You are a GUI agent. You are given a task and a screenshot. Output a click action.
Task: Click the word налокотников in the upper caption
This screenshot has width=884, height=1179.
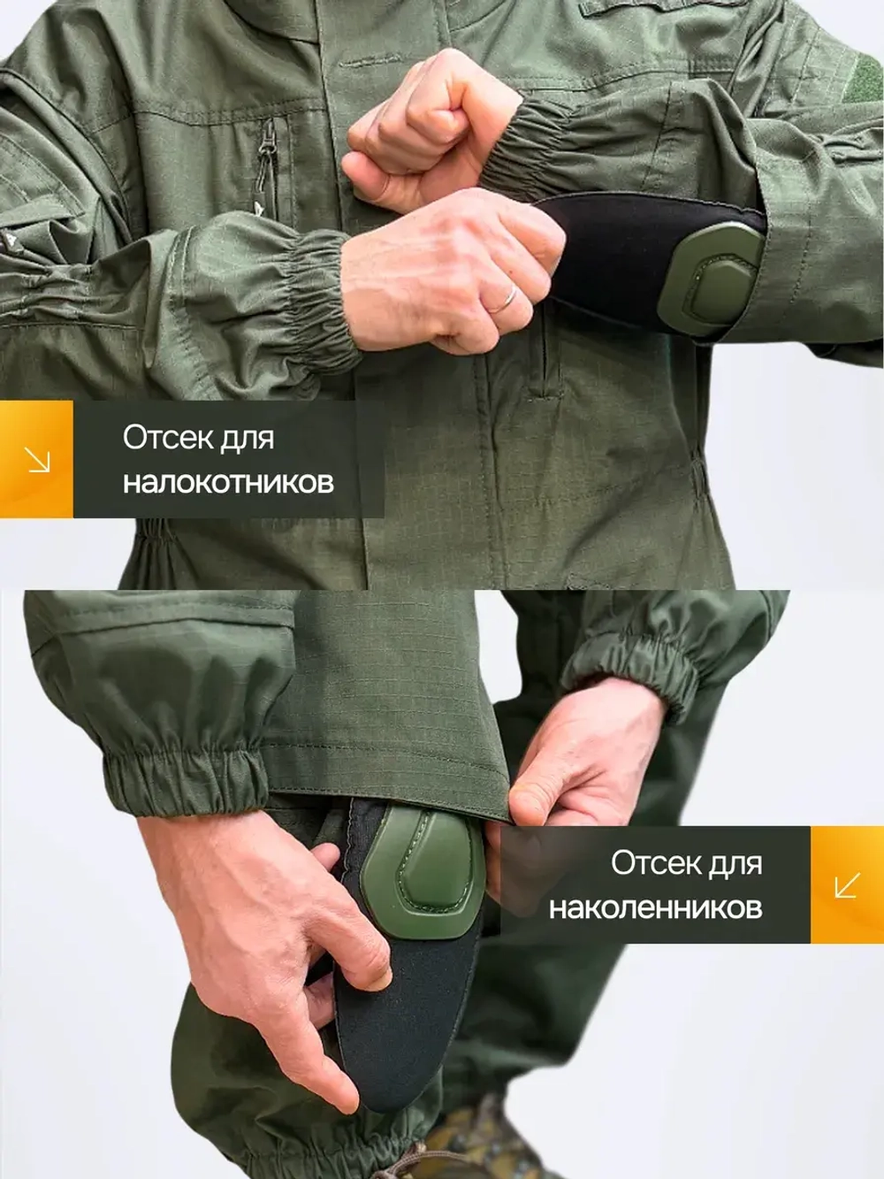coord(228,483)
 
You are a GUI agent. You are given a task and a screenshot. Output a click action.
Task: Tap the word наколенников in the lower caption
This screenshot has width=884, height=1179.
coord(655,907)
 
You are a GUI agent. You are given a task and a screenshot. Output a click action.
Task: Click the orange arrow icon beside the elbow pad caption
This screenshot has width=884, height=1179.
coord(36,459)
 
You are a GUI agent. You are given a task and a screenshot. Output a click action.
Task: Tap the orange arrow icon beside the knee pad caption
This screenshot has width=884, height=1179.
coord(847,884)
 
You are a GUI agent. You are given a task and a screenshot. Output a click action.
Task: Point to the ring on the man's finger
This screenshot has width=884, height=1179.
coord(502,299)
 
